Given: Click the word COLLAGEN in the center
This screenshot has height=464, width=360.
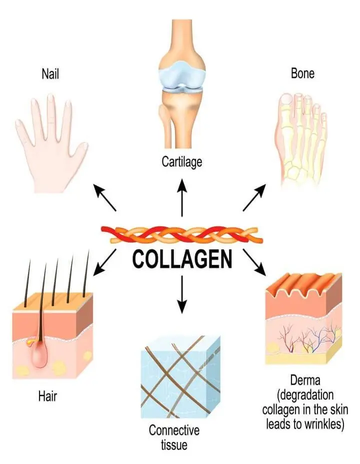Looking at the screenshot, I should [182, 260].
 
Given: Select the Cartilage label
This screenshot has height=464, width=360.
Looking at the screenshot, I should [181, 161].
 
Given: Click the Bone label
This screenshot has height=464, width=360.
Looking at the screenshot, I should [302, 73].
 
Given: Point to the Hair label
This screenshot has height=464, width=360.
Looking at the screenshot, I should [47, 397].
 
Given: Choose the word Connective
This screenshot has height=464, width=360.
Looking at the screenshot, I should [174, 430].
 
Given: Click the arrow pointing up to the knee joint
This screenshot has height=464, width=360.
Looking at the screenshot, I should [182, 197].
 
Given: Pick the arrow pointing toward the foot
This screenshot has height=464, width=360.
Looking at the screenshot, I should [255, 197].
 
